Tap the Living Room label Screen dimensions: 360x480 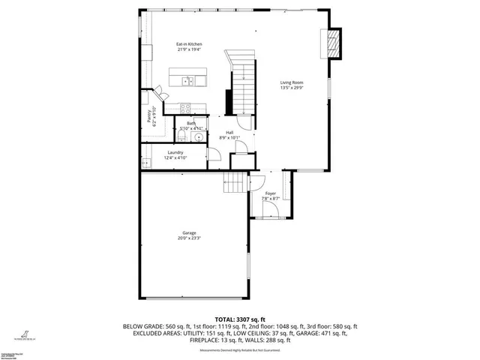pos(292,82)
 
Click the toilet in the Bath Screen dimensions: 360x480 pos(181,136)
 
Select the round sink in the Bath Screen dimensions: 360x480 pos(196,137)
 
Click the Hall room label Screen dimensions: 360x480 pos(229,133)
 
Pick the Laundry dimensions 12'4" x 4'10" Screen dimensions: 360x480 pos(175,157)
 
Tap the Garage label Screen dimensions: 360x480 pos(189,232)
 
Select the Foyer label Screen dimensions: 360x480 pos(271,193)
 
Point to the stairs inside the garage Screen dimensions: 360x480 pos(235,182)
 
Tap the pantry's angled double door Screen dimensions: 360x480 pos(160,96)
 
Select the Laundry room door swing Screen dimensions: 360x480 pos(214,154)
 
